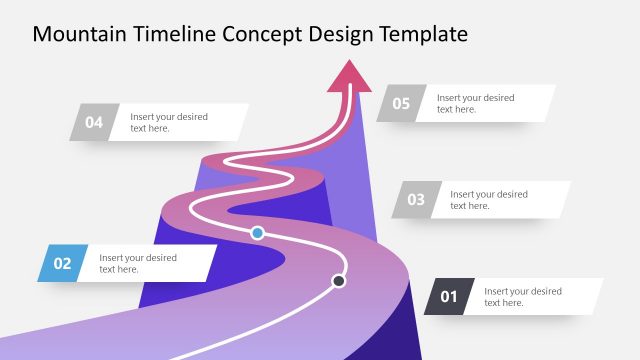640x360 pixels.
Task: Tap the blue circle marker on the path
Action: click(x=257, y=233)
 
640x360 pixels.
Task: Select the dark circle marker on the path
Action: click(x=339, y=281)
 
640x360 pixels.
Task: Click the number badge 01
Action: click(x=448, y=297)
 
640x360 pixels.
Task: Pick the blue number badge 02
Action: click(x=62, y=264)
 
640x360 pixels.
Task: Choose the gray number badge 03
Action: click(x=415, y=200)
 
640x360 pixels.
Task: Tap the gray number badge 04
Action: click(x=94, y=123)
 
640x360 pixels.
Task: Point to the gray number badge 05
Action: click(x=401, y=103)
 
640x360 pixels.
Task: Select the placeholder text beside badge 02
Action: click(x=138, y=264)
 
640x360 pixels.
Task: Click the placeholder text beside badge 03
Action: click(x=488, y=200)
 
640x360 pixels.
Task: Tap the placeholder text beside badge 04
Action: click(x=169, y=123)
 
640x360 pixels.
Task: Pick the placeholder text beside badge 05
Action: click(x=475, y=103)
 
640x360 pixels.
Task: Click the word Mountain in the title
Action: click(x=77, y=34)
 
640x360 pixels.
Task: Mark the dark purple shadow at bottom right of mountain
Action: click(x=405, y=330)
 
